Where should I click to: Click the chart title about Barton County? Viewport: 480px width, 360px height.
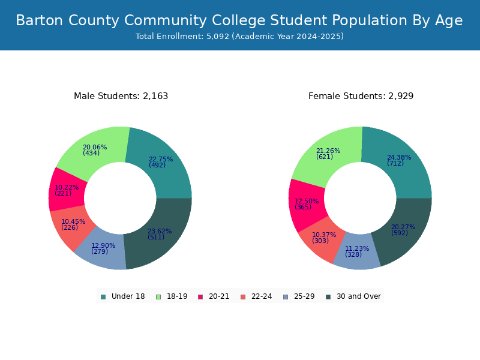pos(239,20)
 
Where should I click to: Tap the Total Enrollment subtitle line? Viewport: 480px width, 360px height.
pos(239,37)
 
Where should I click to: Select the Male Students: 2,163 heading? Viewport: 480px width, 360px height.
pos(121,96)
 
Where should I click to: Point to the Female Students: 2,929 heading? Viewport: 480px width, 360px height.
pos(361,96)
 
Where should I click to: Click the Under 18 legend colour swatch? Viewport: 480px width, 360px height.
pos(103,297)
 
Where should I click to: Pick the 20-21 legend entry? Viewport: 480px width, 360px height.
pos(214,296)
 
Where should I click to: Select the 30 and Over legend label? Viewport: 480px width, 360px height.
pos(359,296)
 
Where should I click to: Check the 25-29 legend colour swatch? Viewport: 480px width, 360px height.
pos(286,297)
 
